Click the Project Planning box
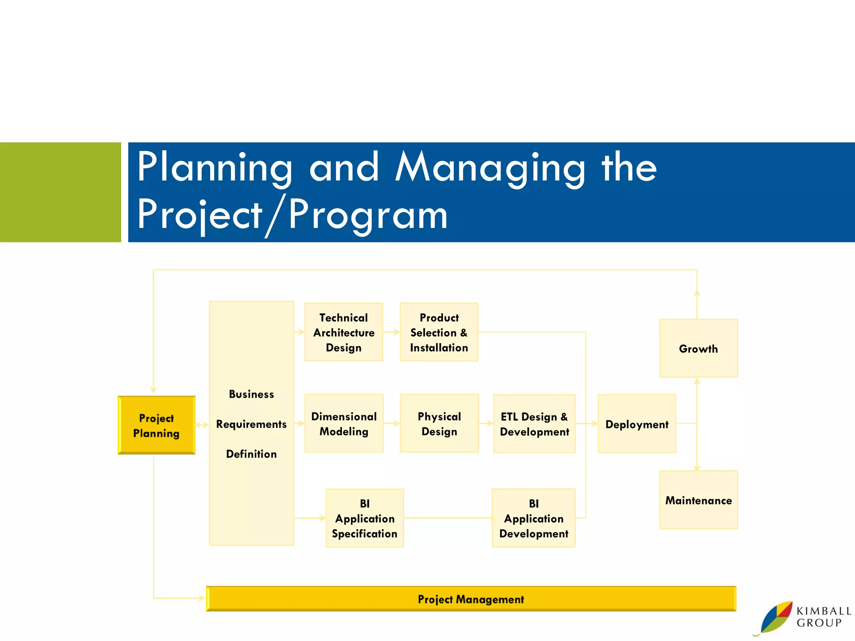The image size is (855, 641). click(x=157, y=425)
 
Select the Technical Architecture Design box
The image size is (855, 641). click(x=344, y=332)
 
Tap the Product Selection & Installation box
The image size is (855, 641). click(x=439, y=332)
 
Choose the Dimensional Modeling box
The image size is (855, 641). click(x=344, y=424)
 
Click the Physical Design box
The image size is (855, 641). click(x=439, y=424)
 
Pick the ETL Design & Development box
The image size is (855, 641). click(x=534, y=424)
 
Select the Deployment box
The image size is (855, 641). click(x=637, y=424)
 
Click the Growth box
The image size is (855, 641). click(x=698, y=348)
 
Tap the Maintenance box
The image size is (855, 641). click(x=698, y=500)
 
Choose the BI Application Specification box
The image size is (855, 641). click(x=364, y=518)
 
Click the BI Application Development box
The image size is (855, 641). click(x=534, y=518)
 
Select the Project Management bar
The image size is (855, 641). click(x=471, y=599)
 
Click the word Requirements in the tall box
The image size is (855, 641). click(x=251, y=424)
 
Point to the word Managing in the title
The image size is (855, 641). click(x=490, y=168)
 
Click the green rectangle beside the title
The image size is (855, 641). click(x=61, y=192)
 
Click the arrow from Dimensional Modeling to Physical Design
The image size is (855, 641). click(x=392, y=424)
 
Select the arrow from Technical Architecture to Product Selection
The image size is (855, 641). click(x=391, y=332)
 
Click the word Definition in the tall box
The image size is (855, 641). click(x=251, y=454)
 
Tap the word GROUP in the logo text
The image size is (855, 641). click(x=819, y=623)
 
